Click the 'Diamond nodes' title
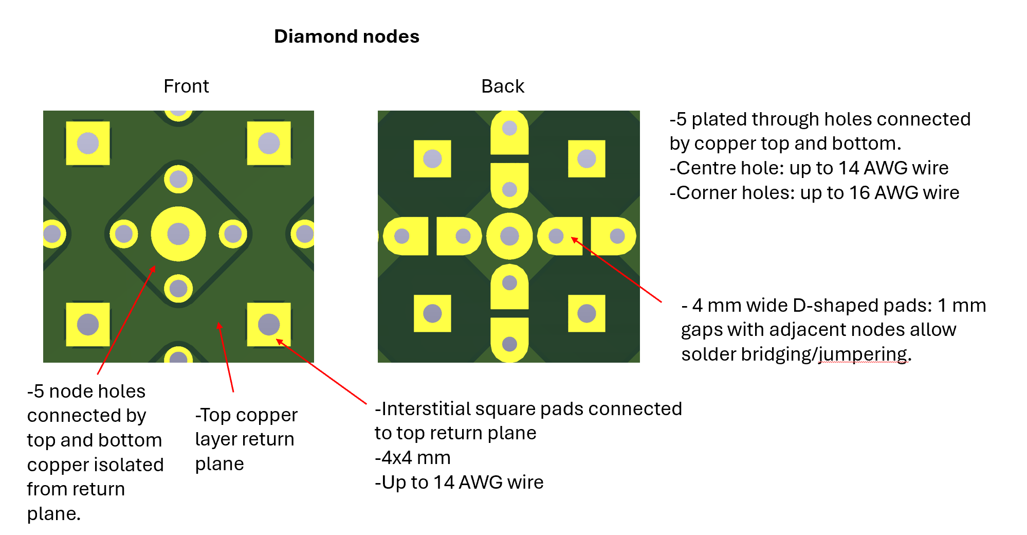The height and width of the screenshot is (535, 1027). click(346, 37)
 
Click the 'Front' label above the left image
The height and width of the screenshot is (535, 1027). click(186, 86)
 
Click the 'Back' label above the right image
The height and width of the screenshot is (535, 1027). click(502, 86)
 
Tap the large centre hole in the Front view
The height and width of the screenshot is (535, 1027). click(178, 234)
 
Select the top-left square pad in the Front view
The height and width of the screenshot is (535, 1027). click(88, 143)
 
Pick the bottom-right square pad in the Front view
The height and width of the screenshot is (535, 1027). click(269, 325)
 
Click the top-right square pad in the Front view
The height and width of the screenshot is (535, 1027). click(269, 143)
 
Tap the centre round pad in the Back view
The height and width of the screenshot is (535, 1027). click(509, 236)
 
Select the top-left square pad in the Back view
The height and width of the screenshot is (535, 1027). click(432, 159)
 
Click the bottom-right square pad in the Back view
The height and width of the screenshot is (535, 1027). click(586, 313)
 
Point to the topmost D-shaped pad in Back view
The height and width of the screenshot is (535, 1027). click(509, 133)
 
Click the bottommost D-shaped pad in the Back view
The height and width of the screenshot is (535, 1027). click(509, 340)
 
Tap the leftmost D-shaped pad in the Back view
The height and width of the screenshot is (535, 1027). click(406, 236)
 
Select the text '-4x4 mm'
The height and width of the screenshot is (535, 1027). click(413, 457)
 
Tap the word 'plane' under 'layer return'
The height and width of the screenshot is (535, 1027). click(219, 463)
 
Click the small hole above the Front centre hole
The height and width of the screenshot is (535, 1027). click(178, 180)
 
